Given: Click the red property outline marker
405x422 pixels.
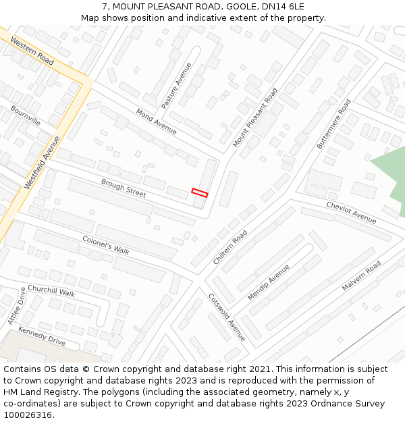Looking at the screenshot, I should tap(199, 192).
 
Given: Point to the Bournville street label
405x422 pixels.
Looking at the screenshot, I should tap(25, 115).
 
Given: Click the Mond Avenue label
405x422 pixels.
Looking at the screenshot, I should tap(156, 120).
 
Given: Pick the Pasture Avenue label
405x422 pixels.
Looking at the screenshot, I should tap(176, 86).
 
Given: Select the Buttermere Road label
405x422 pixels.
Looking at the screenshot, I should tap(333, 124).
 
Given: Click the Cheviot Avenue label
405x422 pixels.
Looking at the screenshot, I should tap(351, 212).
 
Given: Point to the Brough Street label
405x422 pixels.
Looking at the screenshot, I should tap(124, 188).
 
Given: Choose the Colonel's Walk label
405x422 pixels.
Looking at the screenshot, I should tap(105, 244).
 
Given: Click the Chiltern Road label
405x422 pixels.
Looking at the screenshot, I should tap(230, 246).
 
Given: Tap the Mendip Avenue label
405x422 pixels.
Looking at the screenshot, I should tap(268, 282).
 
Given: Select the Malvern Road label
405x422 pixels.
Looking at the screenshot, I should tap(361, 276).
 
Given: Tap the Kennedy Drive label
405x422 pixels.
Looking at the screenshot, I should tap(42, 336).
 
